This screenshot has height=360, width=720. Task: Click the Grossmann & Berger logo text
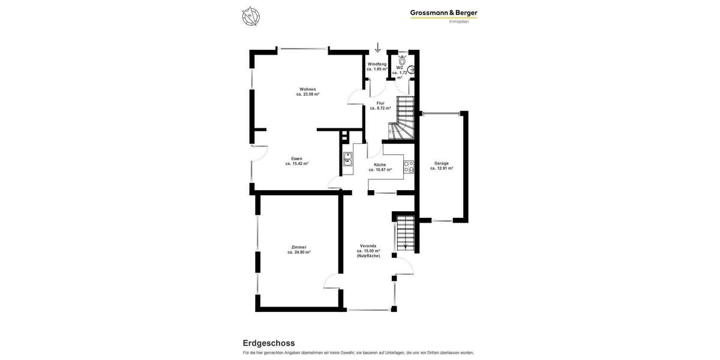point(443,13)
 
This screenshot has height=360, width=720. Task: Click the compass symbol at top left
point(251,16)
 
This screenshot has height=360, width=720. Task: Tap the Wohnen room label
point(308,89)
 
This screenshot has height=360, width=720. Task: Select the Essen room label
point(296,158)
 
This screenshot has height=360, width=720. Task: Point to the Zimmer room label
point(299,247)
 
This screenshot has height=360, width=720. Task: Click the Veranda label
point(368,246)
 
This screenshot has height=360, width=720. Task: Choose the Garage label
point(442,163)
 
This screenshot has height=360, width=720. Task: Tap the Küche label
point(380,164)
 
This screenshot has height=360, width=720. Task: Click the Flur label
point(380,103)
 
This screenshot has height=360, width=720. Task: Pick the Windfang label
point(377,64)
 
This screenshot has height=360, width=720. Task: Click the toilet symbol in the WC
point(402,60)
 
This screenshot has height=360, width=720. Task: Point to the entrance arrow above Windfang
point(377,48)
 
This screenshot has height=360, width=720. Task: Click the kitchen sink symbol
point(348,159)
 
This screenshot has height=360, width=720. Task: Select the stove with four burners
point(409,167)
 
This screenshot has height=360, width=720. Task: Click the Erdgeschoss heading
point(269,343)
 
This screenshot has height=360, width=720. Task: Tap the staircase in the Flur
point(404,118)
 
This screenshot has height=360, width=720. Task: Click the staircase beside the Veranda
point(406,233)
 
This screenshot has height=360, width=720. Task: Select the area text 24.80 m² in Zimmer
point(299,253)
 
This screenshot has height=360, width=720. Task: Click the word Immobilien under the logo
point(459,22)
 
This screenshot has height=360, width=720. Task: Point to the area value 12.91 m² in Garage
point(442,169)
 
